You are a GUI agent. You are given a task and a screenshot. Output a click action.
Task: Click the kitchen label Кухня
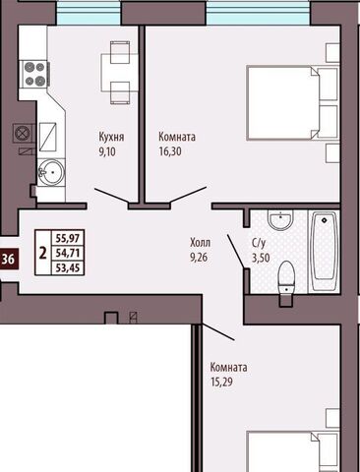click(x=111, y=137)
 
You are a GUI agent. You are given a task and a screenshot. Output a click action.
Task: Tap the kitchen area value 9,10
click(x=107, y=151)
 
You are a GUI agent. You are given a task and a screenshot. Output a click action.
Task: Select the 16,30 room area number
click(x=170, y=151)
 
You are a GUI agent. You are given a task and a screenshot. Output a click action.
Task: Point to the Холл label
click(x=200, y=243)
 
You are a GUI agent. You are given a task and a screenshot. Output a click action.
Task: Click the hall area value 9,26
click(x=199, y=258)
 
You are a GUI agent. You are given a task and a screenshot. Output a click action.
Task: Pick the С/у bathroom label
click(x=259, y=244)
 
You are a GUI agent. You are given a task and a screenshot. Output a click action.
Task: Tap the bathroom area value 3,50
click(x=261, y=258)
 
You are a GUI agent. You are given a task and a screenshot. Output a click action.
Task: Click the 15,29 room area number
click(x=221, y=382)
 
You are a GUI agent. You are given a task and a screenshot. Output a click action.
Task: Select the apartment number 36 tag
click(x=8, y=260)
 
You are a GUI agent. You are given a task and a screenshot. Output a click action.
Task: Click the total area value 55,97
click(x=68, y=238)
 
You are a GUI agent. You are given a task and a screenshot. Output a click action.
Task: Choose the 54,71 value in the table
click(x=68, y=253)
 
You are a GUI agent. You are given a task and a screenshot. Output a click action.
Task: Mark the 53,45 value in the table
click(x=68, y=268)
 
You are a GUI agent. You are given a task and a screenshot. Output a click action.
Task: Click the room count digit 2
click(x=42, y=253)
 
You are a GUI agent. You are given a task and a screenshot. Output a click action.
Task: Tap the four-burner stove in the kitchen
click(x=35, y=75)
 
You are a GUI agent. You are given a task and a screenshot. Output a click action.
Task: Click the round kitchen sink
click(x=51, y=171)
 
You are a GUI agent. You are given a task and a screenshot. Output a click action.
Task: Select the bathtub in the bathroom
click(x=324, y=251)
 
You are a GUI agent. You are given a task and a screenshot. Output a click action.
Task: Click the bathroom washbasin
click(x=280, y=219)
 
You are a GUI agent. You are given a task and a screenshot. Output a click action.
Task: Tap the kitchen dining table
click(x=120, y=73)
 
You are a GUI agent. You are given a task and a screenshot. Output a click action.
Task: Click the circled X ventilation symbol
click(x=23, y=134)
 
